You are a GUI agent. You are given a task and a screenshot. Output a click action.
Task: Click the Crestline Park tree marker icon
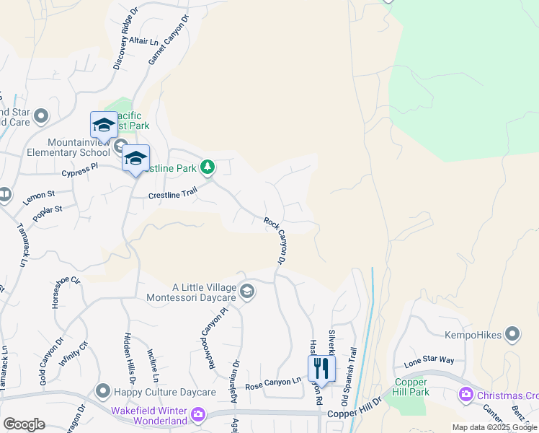tap(208, 167)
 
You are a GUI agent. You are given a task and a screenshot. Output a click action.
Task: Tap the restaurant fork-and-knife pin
tap(322, 368)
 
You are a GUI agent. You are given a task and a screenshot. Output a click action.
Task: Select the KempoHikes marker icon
tap(512, 333)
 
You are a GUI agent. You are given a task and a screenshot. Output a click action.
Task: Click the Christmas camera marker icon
tap(465, 395)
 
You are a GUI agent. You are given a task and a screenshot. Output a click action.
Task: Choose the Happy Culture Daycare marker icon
tap(103, 392)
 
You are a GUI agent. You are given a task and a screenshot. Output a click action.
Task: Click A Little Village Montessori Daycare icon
tap(246, 291)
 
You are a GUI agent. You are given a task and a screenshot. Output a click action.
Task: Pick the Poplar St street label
tap(48, 214)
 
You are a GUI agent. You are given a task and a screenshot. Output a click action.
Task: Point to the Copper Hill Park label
tap(411, 387)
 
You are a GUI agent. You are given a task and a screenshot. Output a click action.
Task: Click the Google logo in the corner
tap(24, 424)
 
